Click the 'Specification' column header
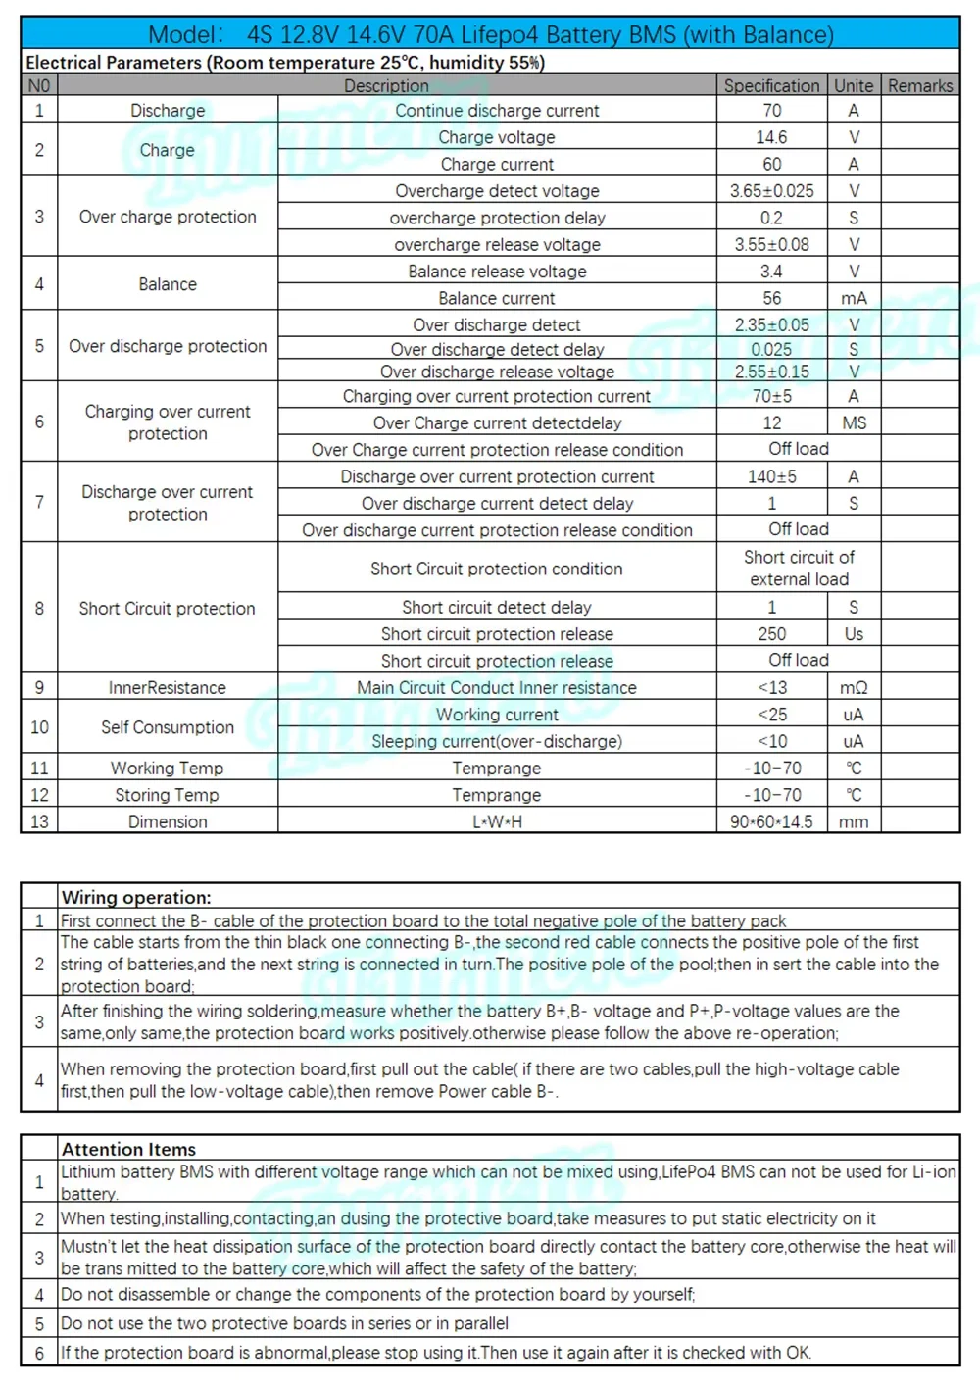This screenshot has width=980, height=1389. pos(771,86)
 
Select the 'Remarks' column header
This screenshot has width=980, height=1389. pos(920,86)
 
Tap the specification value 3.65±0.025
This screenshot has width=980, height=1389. pos(771,191)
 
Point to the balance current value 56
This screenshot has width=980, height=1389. pos(772,298)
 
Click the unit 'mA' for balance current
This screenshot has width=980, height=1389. pos(854,298)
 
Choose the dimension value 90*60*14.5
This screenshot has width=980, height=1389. pos(771,821)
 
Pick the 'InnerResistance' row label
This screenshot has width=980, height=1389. pos(168,688)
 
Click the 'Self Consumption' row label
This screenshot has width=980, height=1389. pos(168,727)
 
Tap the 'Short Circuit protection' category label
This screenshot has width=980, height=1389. pos(168,609)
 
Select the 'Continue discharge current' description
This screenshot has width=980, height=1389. pos(497,111)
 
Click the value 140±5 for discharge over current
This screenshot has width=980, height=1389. pos(772,476)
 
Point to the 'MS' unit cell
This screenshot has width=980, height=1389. pos(854,423)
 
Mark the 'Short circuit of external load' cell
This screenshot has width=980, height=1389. pos(799,569)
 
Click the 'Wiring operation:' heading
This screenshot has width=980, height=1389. pos(136,897)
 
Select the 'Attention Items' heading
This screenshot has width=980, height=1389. pos(128,1149)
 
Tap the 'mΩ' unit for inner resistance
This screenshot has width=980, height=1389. pos(854,688)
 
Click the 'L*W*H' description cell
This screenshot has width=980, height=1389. pos(497,821)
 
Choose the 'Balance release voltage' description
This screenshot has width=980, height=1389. pos(497,272)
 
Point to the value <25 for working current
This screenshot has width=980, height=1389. pos(772,715)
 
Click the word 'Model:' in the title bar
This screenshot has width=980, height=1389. pos(186,35)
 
